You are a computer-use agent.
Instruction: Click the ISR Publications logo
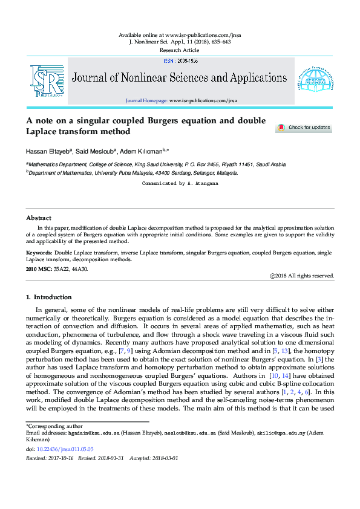(x=47, y=80)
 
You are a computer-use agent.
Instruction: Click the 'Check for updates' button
(x=304, y=128)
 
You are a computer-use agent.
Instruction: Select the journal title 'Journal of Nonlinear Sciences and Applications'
(x=179, y=77)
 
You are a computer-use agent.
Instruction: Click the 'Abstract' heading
(x=39, y=218)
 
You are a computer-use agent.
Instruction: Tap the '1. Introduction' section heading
(x=49, y=297)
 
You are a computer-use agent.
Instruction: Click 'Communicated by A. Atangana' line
(x=179, y=183)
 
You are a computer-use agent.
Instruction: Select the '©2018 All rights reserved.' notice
(x=301, y=276)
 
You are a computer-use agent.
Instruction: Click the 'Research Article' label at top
(x=179, y=51)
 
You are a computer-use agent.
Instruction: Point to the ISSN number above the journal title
(x=180, y=61)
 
